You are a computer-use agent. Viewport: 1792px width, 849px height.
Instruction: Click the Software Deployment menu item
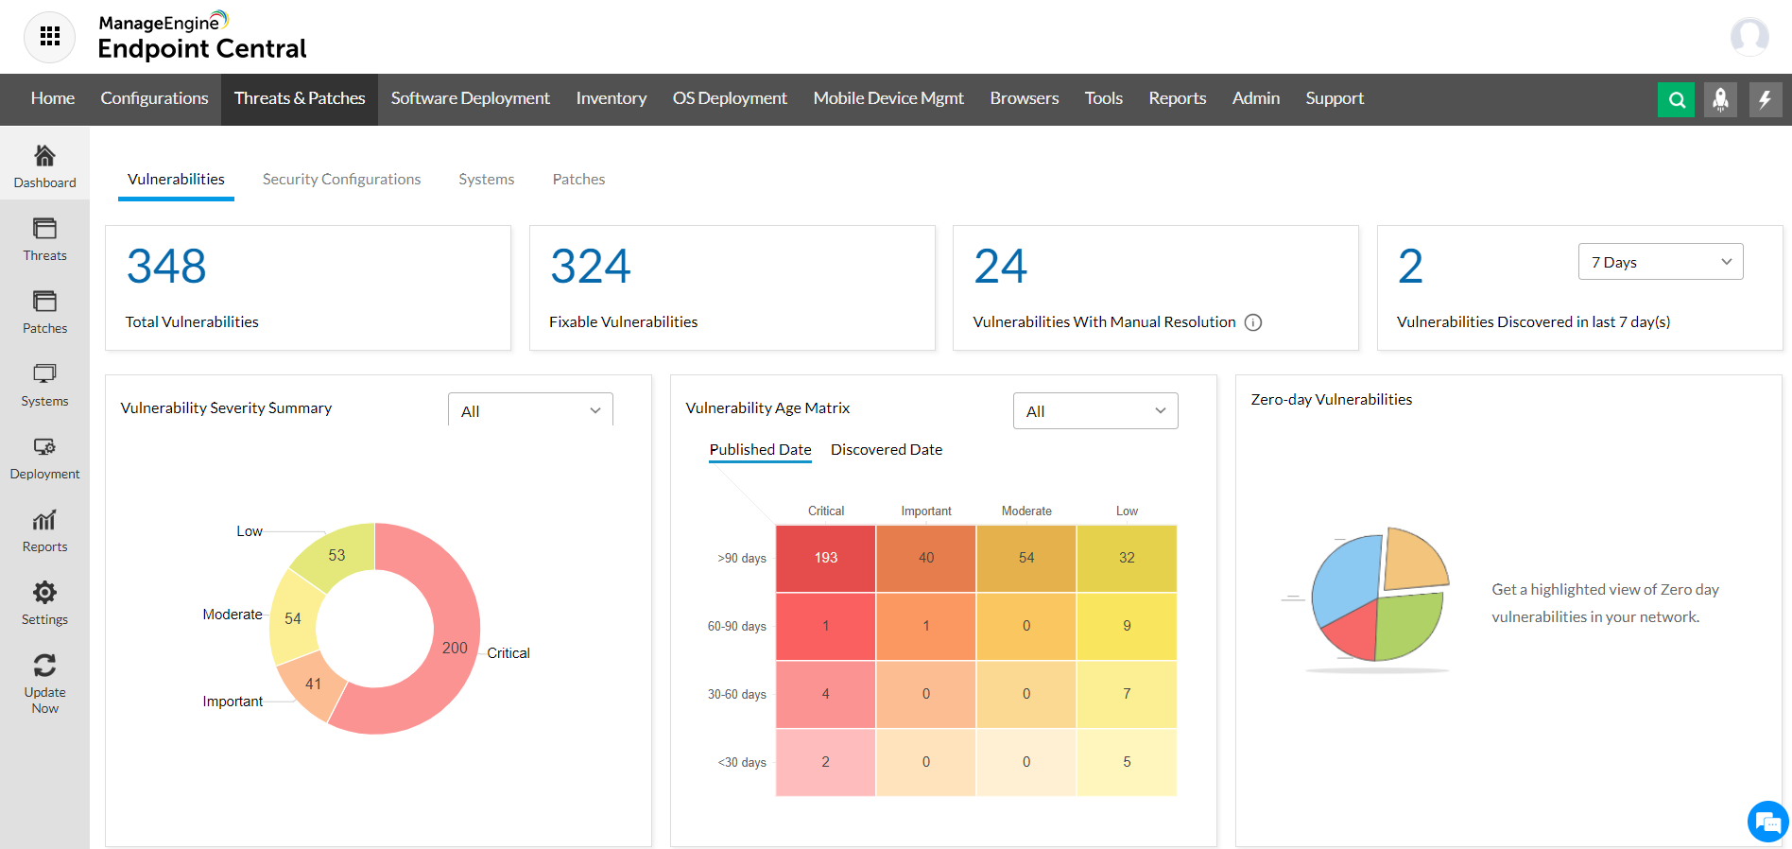tap(470, 98)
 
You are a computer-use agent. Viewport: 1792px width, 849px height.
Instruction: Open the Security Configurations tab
tap(341, 180)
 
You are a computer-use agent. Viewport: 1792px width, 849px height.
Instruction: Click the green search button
tap(1676, 99)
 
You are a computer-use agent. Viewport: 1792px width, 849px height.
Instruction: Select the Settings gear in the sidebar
tap(44, 593)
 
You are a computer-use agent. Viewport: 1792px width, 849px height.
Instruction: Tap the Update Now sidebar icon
tap(44, 666)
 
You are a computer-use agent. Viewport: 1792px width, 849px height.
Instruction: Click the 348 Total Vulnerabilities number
tap(166, 267)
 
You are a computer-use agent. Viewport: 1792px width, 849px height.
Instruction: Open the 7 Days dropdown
tap(1660, 262)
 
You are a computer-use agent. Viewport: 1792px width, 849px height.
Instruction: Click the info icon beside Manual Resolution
tap(1253, 322)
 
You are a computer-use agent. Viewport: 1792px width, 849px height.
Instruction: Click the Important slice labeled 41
tap(311, 684)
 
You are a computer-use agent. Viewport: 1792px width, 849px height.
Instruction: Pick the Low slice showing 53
tap(337, 556)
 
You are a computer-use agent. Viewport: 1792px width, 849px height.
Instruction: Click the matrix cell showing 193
tap(825, 558)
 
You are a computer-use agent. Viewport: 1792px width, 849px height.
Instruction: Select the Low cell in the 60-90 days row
tap(1127, 626)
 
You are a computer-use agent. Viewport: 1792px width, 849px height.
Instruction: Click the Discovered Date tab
tap(886, 450)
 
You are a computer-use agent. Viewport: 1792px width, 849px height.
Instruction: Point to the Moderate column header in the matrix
tap(1026, 511)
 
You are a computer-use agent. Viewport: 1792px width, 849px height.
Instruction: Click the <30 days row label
tap(742, 762)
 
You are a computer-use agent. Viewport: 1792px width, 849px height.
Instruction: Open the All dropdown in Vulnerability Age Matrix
tap(1094, 411)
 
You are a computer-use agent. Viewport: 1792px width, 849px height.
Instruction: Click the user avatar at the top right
tap(1749, 37)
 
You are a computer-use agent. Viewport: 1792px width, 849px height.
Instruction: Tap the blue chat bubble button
tap(1766, 822)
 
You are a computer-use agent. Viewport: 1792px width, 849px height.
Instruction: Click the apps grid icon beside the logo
tap(49, 37)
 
